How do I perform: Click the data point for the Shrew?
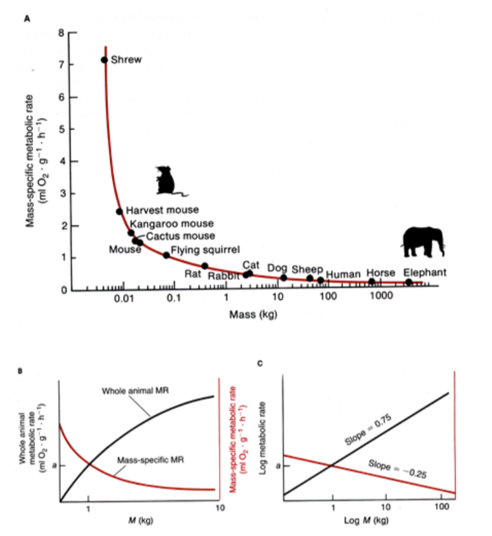pos(104,60)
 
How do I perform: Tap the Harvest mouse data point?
pos(119,211)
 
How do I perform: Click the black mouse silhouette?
pos(169,181)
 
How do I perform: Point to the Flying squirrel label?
pos(205,249)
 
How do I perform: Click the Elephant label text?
pos(425,273)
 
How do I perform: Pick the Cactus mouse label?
pos(180,236)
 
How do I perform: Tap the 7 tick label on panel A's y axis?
pos(63,65)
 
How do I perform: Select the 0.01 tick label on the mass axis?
pos(124,300)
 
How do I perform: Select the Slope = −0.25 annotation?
pos(396,468)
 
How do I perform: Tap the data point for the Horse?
pos(372,282)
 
